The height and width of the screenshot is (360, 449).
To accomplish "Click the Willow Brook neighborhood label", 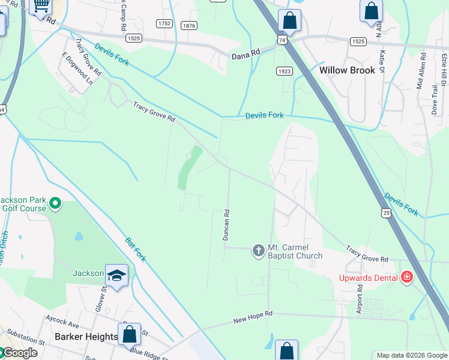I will (x=347, y=70).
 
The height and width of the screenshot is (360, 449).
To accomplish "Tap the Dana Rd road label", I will (x=246, y=53).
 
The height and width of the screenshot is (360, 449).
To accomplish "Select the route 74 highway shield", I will (x=282, y=38).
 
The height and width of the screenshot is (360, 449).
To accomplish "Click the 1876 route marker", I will (x=189, y=25).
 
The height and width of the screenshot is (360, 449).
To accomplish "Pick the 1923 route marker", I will (x=285, y=71).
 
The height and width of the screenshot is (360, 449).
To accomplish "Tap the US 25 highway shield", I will (x=386, y=212).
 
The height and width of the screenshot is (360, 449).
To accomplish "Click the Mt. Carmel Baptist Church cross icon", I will (x=258, y=250).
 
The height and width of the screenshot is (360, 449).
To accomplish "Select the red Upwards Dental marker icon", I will (x=407, y=277).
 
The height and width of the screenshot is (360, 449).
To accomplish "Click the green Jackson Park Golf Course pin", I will (x=55, y=204).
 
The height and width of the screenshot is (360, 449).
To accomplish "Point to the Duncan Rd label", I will (x=227, y=225).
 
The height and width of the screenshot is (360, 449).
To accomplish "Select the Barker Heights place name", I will (x=86, y=337).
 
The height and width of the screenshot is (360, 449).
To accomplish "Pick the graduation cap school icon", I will (x=117, y=275).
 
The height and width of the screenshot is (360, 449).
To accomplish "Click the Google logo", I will (x=19, y=353).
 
